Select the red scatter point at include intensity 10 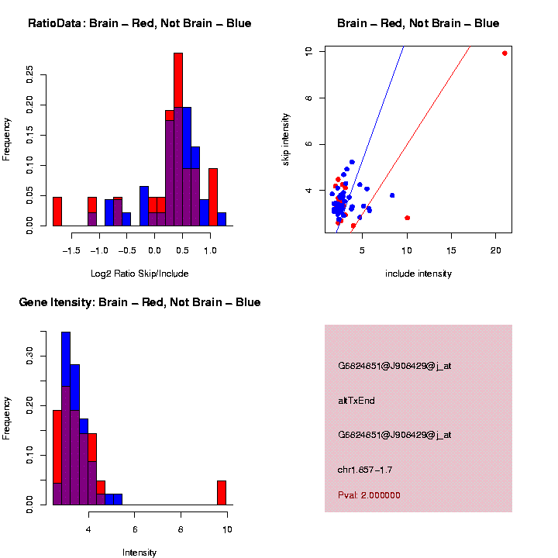click(408, 218)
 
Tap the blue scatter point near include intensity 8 click(392, 195)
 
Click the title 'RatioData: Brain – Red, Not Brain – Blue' click(139, 23)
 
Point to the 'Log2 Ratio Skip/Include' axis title click(139, 274)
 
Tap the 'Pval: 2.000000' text click(369, 495)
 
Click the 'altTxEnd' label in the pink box click(356, 401)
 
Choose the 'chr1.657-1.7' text click(365, 470)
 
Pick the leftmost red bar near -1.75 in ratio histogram click(57, 211)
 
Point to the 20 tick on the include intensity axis click(496, 250)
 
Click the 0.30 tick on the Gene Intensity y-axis click(29, 356)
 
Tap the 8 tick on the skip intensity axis click(308, 98)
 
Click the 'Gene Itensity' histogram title click(139, 302)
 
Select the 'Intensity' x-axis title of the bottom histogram click(139, 553)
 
